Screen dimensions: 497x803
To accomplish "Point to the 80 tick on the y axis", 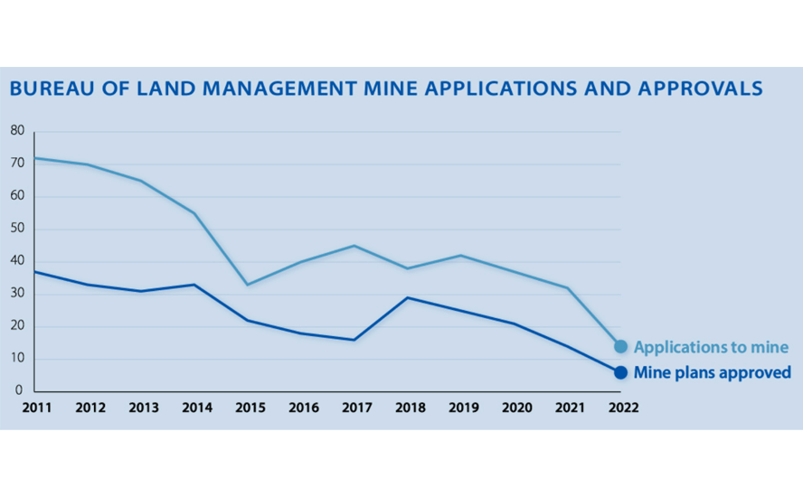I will [x=17, y=131].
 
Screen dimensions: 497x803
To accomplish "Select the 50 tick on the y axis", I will [x=17, y=229].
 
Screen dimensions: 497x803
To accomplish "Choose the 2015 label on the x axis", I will [x=250, y=408].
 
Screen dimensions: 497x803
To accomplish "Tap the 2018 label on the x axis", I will [x=411, y=408].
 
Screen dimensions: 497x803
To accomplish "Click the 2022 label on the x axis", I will [x=623, y=408].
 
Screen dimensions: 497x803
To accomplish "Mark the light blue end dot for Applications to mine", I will [x=621, y=346].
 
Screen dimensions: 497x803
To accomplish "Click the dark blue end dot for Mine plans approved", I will [x=621, y=372].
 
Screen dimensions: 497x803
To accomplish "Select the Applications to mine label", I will [x=711, y=347].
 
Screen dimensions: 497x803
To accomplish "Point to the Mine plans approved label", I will [x=713, y=372].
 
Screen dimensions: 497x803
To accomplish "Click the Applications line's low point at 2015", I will [x=248, y=285].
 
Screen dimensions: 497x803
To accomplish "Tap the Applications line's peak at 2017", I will [x=354, y=246].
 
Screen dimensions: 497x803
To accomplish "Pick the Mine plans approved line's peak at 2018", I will [x=408, y=297].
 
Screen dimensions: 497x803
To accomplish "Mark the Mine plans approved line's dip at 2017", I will [x=354, y=340].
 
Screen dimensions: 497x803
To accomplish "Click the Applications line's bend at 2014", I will [x=194, y=213].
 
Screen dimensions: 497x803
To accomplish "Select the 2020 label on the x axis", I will [x=516, y=408].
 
